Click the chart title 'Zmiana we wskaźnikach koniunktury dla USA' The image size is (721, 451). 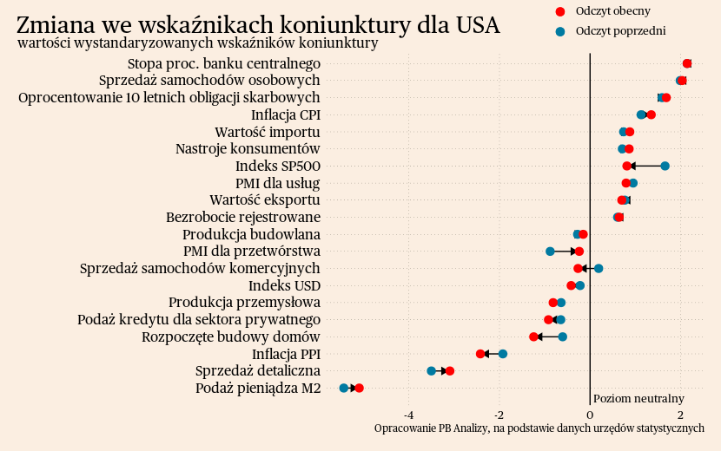[x=258, y=25]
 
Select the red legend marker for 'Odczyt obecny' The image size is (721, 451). [x=560, y=11]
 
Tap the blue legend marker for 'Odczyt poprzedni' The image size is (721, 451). [x=560, y=31]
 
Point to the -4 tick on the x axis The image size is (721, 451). [x=408, y=415]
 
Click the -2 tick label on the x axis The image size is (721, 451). [x=499, y=415]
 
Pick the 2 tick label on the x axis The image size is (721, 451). [x=680, y=415]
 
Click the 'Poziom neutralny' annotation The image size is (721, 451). [x=638, y=399]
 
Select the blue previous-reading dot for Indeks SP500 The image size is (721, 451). [x=665, y=166]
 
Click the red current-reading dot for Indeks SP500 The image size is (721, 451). [x=627, y=166]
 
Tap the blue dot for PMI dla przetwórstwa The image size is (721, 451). [x=550, y=252]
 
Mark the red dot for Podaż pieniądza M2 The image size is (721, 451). [x=360, y=389]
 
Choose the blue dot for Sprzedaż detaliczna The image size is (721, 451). [x=432, y=371]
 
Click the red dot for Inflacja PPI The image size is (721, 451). [x=480, y=354]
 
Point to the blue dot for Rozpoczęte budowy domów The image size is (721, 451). [x=563, y=337]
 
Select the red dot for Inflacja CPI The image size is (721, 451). [x=652, y=114]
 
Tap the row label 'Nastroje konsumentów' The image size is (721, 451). [x=248, y=148]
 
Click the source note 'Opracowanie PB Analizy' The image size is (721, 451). [x=539, y=428]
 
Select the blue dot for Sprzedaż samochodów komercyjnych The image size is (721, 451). [x=599, y=268]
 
